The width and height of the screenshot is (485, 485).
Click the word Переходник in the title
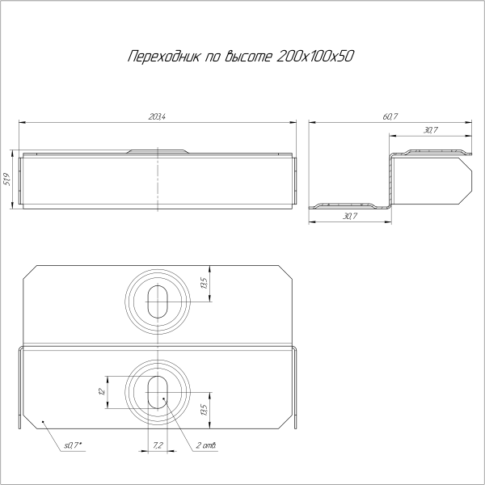[160, 58]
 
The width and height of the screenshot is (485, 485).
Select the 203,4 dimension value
[158, 118]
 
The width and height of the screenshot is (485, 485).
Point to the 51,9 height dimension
[7, 179]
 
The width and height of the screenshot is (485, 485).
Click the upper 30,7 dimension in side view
[430, 130]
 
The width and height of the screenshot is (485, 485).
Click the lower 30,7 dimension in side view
[350, 217]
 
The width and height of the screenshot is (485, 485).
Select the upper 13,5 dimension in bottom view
[205, 284]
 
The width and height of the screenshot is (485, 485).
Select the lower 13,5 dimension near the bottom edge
[205, 410]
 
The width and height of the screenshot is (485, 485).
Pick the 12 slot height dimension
[100, 391]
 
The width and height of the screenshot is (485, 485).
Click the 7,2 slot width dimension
[158, 445]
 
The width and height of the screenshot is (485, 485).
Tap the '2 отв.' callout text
[205, 445]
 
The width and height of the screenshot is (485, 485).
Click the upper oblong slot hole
[158, 300]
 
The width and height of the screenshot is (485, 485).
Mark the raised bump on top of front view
[159, 150]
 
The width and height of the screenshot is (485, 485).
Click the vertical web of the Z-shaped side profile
[390, 179]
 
